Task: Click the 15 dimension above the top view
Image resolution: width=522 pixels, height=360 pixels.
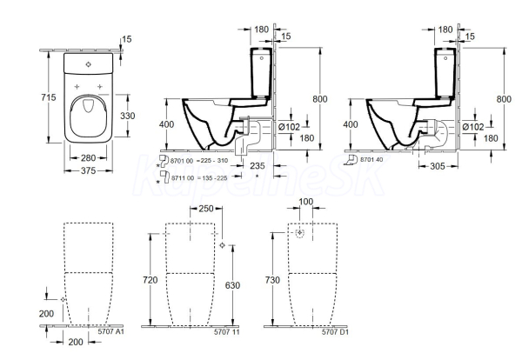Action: pyautogui.click(x=127, y=39)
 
